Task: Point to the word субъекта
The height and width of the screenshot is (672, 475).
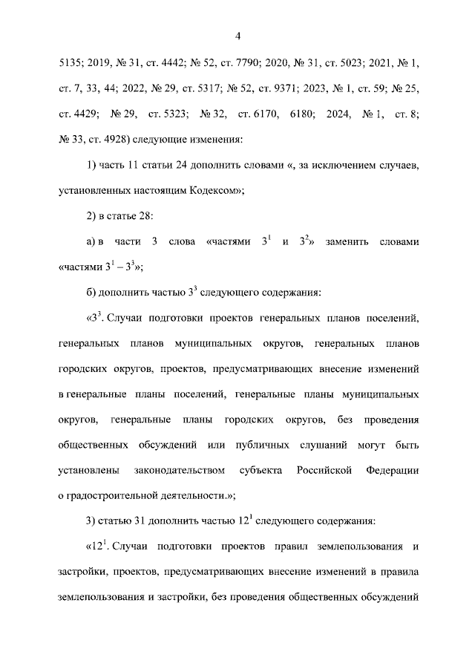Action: tap(260, 471)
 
